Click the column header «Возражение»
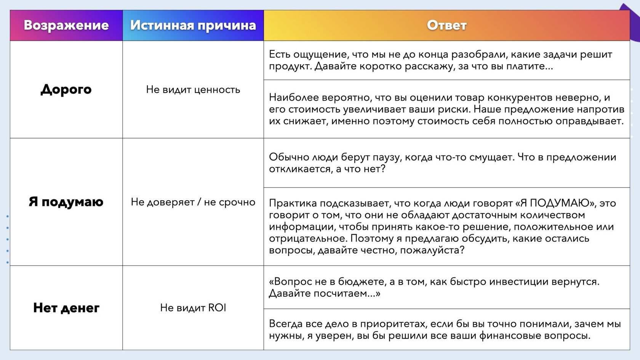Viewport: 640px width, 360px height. click(66, 26)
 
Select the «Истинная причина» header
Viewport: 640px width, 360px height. click(193, 26)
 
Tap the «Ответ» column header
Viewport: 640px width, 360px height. click(446, 26)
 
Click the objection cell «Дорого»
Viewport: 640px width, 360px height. click(66, 90)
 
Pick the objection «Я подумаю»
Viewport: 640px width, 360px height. click(66, 202)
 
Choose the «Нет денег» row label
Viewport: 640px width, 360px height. click(66, 308)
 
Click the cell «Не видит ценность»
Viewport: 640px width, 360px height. click(193, 90)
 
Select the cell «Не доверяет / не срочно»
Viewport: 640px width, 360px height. click(193, 202)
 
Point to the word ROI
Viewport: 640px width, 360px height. click(217, 308)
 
